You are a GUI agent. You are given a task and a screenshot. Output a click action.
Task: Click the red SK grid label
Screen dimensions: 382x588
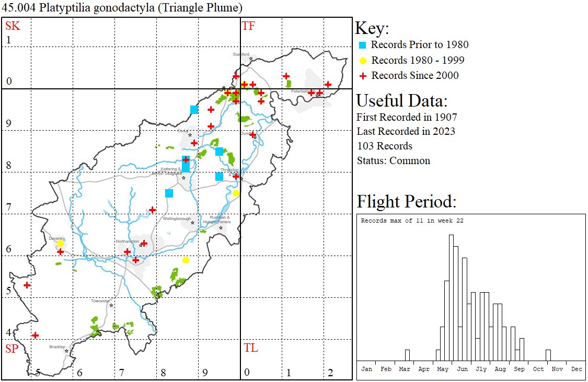point(13,26)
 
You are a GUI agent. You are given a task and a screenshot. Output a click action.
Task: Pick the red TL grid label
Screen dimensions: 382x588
point(250,348)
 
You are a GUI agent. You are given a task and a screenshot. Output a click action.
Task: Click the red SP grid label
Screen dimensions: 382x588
point(12,348)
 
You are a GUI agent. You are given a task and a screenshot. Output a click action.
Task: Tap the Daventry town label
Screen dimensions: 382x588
point(56,238)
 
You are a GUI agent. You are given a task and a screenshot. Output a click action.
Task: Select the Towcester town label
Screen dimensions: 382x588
point(100,301)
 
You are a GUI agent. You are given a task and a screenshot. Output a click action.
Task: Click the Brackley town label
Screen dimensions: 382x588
point(57,346)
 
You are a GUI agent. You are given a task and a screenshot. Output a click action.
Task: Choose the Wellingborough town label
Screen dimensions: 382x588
point(177,218)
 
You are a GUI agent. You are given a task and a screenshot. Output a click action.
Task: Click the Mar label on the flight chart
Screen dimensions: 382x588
point(405,369)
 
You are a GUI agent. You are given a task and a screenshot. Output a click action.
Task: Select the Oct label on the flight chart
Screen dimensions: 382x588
point(538,369)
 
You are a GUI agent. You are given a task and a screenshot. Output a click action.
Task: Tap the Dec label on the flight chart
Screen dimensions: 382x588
point(577,369)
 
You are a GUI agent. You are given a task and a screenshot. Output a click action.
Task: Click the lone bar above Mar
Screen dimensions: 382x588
point(407,355)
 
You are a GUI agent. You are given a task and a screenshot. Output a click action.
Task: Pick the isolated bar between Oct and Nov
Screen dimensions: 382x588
point(548,355)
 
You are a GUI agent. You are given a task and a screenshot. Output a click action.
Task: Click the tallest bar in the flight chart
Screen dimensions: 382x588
point(451,298)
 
